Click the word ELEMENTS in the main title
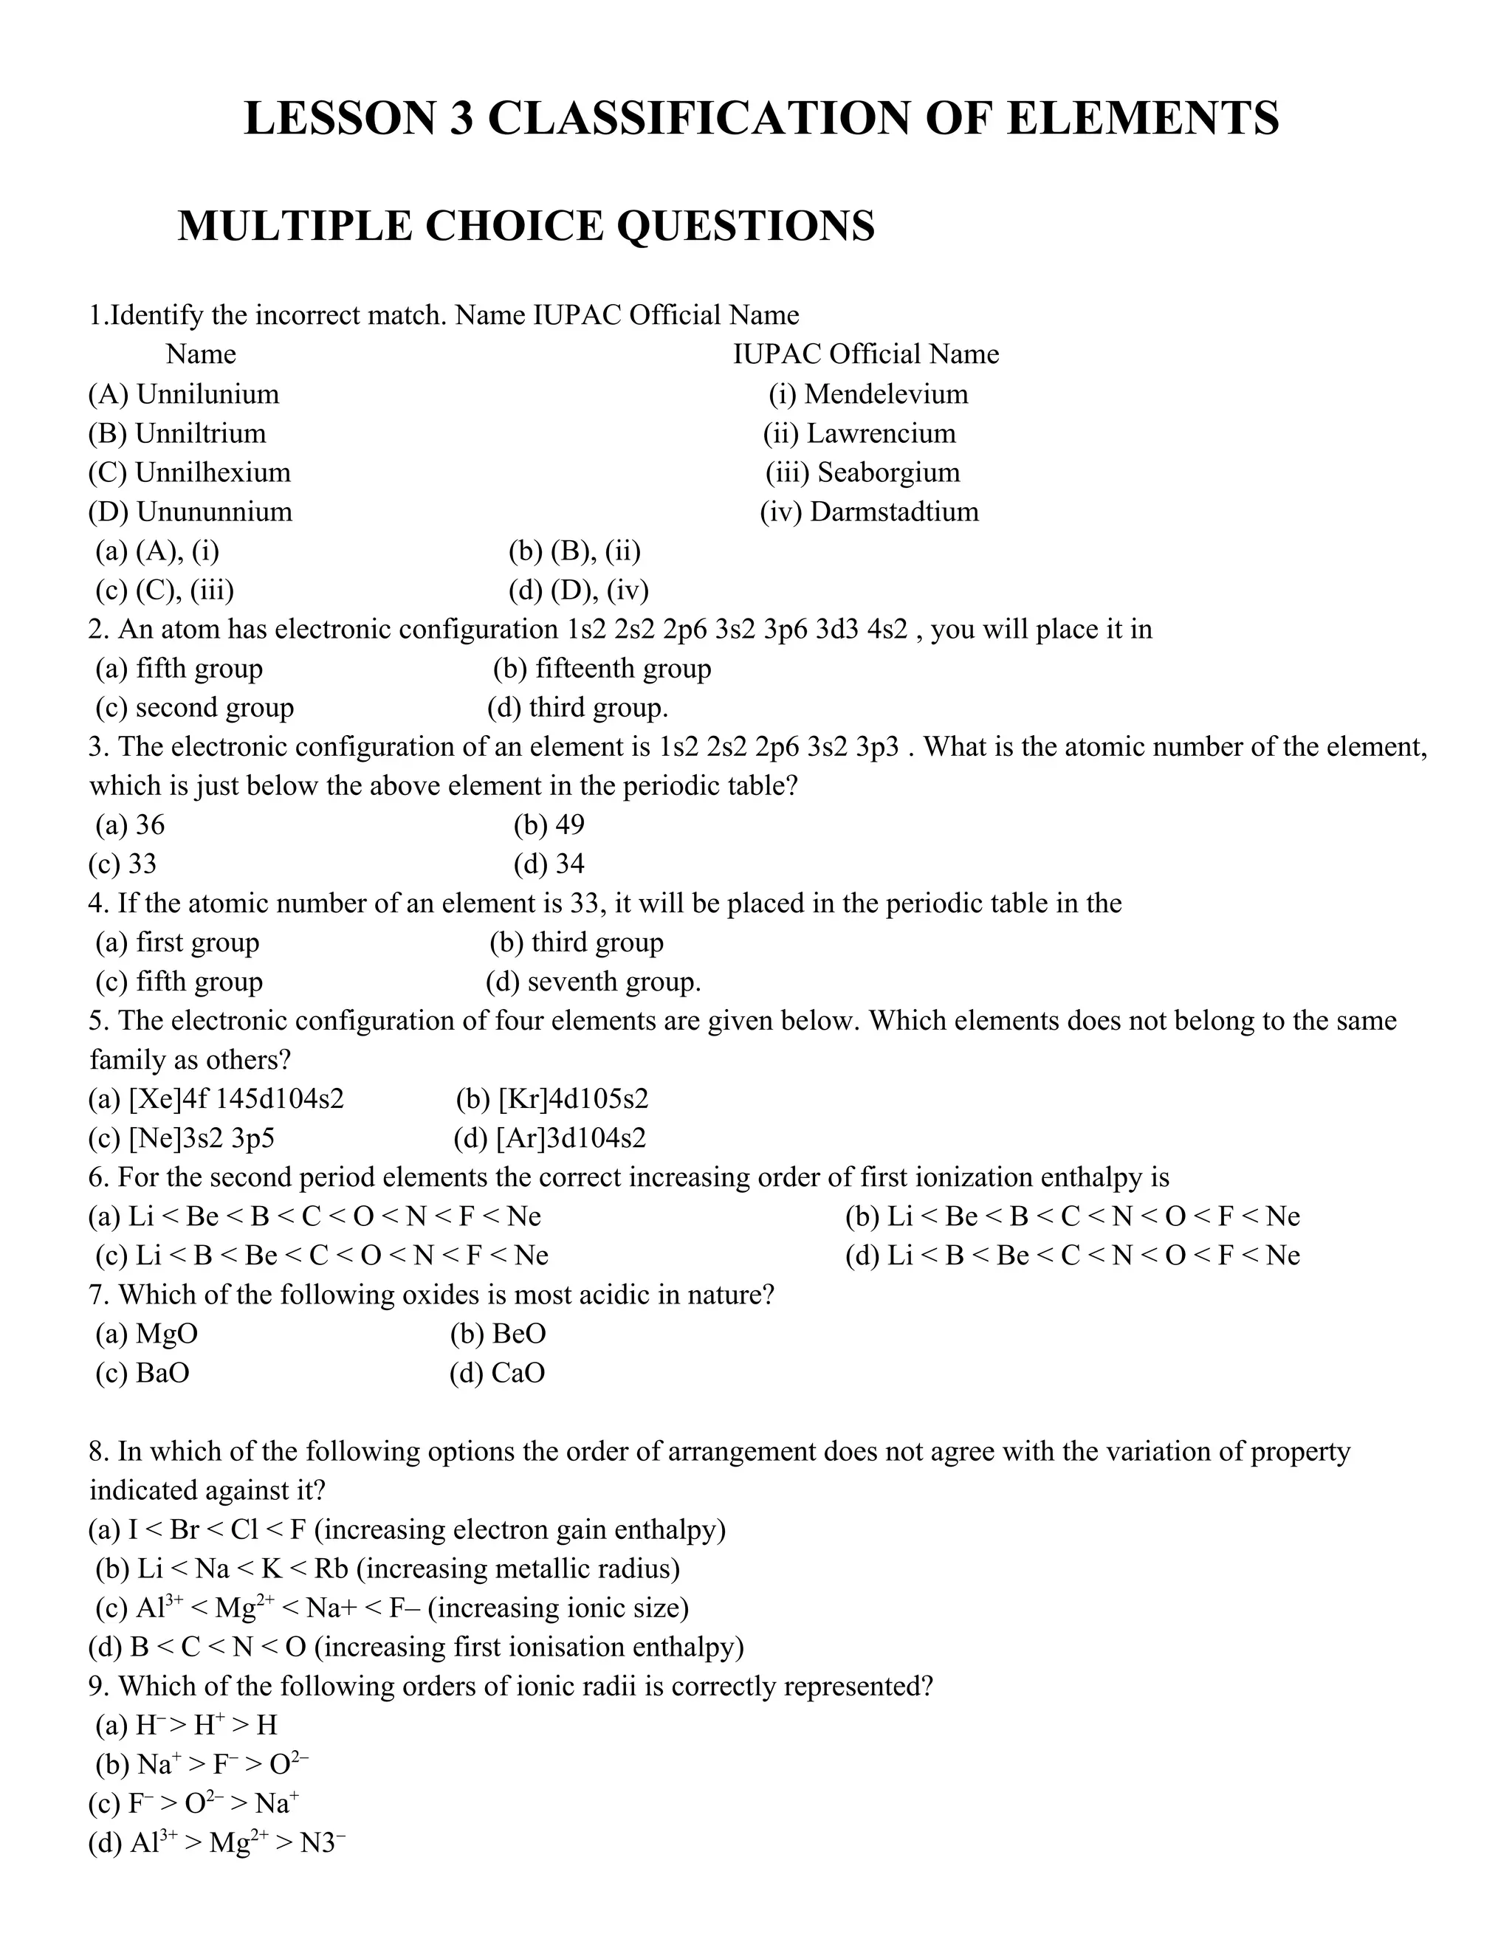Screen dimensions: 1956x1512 tap(1142, 119)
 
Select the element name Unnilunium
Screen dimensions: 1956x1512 tap(207, 394)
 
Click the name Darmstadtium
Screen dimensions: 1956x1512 tap(893, 512)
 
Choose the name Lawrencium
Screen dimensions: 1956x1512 tap(881, 433)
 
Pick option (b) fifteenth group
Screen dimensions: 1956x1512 tap(602, 668)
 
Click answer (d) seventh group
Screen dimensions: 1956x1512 tap(593, 982)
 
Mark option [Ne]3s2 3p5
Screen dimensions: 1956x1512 tap(202, 1138)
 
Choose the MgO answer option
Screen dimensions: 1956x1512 tap(167, 1334)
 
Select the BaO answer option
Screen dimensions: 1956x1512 tap(162, 1373)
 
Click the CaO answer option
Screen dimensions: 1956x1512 tap(518, 1373)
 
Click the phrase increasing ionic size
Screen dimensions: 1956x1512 tap(558, 1608)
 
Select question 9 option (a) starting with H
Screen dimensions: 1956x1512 tap(206, 1725)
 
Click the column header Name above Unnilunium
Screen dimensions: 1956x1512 tap(201, 354)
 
